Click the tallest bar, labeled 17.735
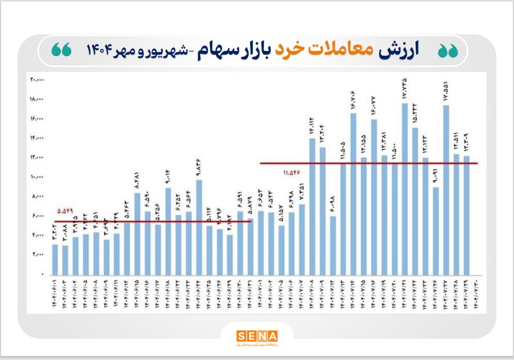click(x=404, y=189)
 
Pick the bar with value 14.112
click(x=312, y=206)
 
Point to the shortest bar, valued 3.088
click(x=65, y=260)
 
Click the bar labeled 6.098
click(x=333, y=245)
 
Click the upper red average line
click(x=368, y=163)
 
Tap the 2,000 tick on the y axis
click(x=37, y=254)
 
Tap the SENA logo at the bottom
click(x=257, y=336)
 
